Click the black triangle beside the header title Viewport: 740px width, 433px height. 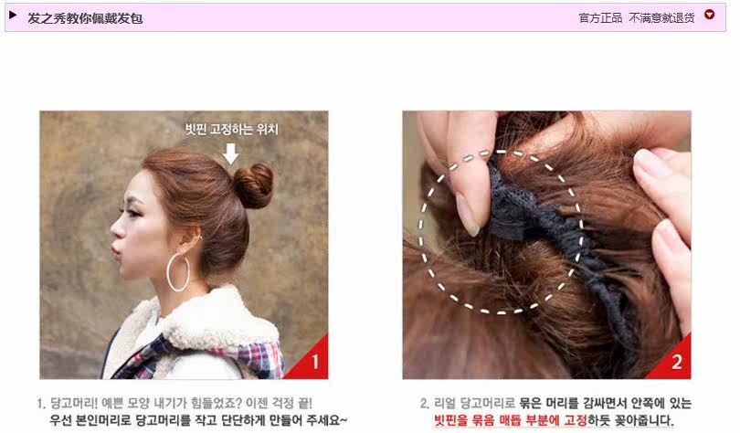tap(13, 16)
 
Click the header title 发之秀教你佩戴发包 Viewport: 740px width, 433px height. tap(85, 17)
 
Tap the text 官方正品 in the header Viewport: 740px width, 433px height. tap(600, 17)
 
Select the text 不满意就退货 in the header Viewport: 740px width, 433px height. tap(661, 17)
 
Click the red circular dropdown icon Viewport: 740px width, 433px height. tap(710, 16)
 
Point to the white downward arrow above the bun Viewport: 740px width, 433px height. tap(231, 153)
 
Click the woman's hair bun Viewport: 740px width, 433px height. tap(254, 185)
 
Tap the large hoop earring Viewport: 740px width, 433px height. tap(178, 272)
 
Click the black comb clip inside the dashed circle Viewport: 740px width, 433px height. tap(530, 215)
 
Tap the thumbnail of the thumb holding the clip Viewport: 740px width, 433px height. tap(468, 216)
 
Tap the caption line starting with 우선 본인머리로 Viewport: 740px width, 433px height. tap(197, 420)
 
